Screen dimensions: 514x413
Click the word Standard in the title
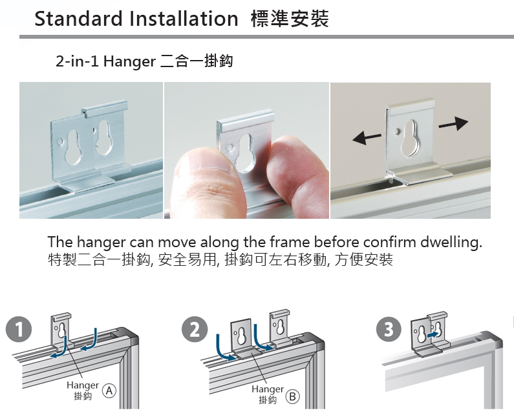click(x=78, y=18)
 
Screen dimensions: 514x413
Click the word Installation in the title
click(x=184, y=18)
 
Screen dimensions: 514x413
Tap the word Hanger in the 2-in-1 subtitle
click(x=129, y=62)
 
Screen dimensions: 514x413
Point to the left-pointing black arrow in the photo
click(x=367, y=138)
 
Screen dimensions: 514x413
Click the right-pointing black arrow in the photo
click(x=453, y=123)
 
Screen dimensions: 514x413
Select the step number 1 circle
click(x=19, y=329)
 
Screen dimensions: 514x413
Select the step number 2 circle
click(x=195, y=329)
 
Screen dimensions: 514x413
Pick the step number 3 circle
click(x=389, y=329)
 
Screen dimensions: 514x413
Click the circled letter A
click(x=109, y=391)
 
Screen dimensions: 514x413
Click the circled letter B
click(x=293, y=397)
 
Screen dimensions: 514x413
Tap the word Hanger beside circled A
click(x=83, y=385)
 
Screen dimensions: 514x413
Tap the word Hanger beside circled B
click(x=268, y=389)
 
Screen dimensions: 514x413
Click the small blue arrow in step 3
click(x=433, y=335)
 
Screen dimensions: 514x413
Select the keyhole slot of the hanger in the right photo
click(x=411, y=137)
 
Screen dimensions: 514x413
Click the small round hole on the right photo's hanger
click(x=397, y=132)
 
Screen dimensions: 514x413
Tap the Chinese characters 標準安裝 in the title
click(x=290, y=18)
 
